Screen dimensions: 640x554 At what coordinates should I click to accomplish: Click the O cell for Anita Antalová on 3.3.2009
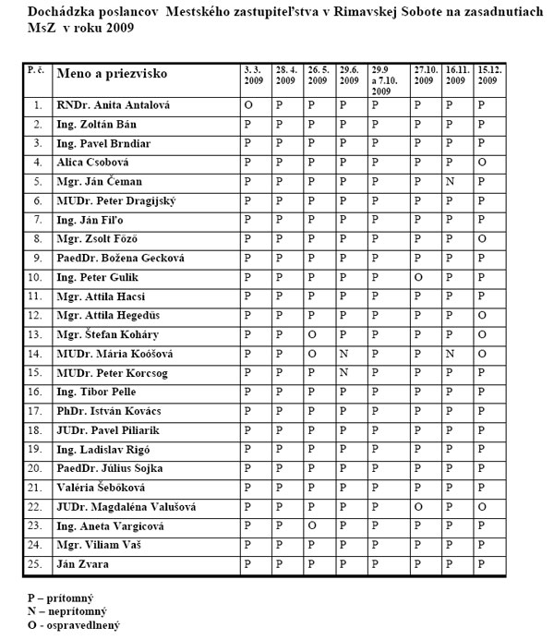tap(247, 104)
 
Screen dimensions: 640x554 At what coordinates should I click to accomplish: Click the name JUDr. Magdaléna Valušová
tap(126, 507)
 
